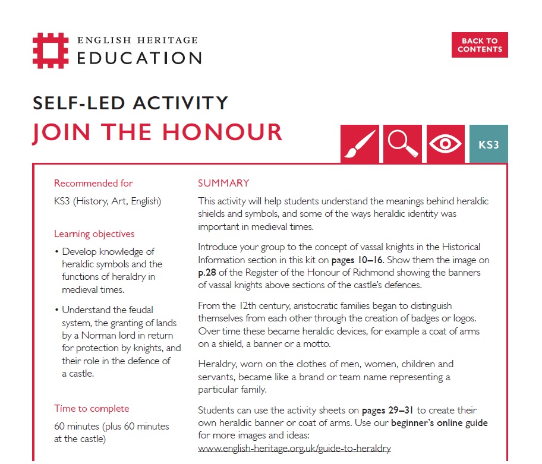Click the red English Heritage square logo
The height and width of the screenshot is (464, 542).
click(x=52, y=50)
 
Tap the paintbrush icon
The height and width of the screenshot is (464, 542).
click(x=360, y=144)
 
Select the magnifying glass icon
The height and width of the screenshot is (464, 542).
click(x=402, y=144)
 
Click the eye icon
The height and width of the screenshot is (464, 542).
click(x=445, y=144)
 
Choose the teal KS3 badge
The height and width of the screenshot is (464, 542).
click(x=489, y=144)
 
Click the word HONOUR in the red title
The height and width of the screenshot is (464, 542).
click(x=223, y=132)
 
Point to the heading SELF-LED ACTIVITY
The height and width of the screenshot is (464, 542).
click(x=130, y=102)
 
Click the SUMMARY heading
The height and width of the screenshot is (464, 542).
click(x=223, y=183)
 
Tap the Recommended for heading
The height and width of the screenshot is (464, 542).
click(x=93, y=183)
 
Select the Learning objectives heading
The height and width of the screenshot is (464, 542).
click(x=94, y=233)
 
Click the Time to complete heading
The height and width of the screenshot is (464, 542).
click(x=92, y=408)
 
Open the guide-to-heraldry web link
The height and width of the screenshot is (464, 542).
click(x=294, y=448)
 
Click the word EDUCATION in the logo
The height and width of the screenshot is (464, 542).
click(x=140, y=58)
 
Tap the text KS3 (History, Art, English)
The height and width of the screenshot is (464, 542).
click(x=107, y=201)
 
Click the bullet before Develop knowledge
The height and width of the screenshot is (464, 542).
click(x=56, y=252)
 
